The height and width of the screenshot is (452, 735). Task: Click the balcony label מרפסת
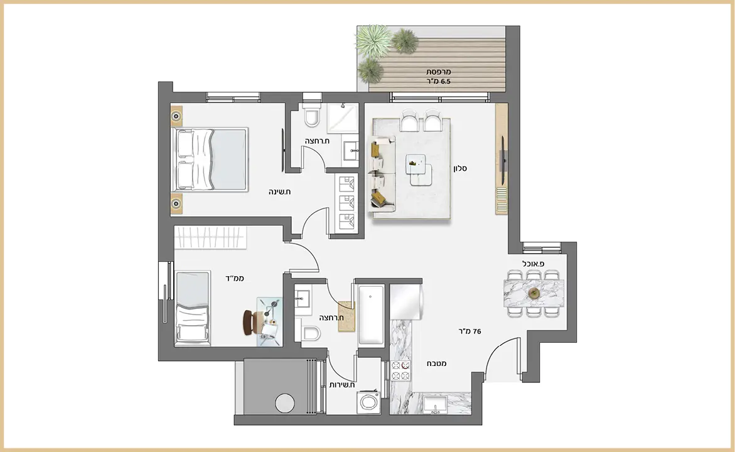tap(438, 72)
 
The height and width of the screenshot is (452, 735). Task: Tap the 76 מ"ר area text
tap(469, 331)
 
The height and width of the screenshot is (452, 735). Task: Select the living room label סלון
tap(460, 168)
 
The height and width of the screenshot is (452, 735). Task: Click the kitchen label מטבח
tap(436, 363)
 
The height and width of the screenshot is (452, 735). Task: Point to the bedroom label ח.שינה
tap(280, 191)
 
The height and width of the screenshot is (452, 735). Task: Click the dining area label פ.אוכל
tap(534, 264)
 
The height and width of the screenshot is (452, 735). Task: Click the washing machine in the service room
tap(368, 402)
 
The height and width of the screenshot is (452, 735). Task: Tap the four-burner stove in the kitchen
tap(401, 370)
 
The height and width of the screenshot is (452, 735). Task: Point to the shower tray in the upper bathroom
tap(343, 117)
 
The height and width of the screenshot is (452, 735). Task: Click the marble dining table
tap(534, 294)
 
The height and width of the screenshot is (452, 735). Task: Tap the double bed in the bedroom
tap(210, 159)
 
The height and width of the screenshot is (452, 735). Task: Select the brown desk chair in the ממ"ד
tap(250, 322)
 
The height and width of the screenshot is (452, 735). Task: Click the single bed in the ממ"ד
tap(191, 308)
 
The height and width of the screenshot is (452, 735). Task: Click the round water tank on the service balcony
tap(285, 403)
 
